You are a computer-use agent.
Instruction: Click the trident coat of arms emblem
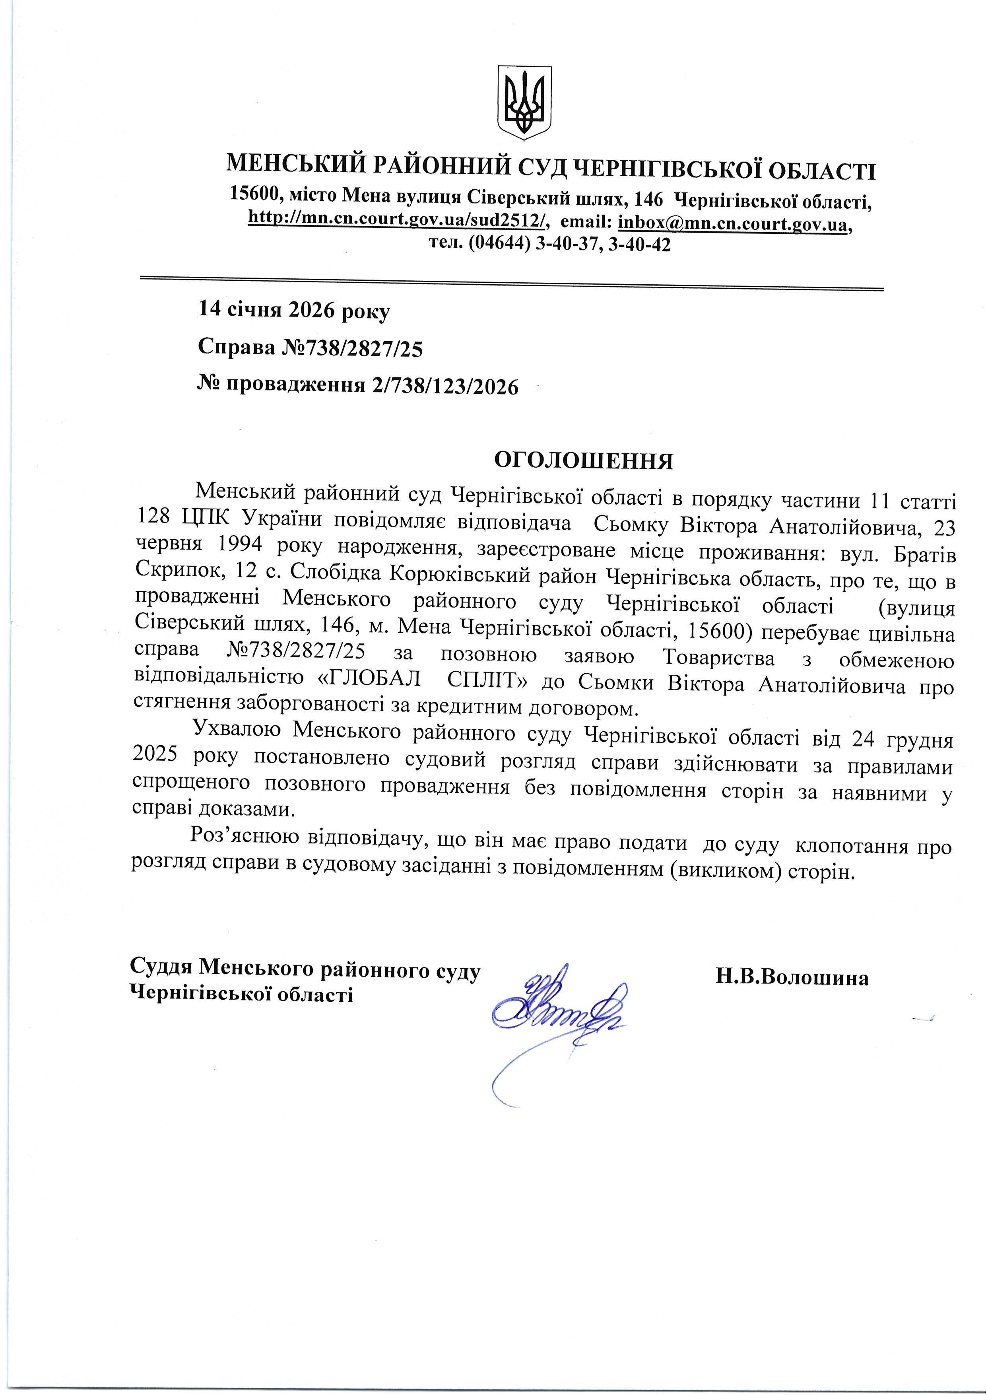[x=525, y=101]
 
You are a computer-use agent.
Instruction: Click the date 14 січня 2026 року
[x=294, y=311]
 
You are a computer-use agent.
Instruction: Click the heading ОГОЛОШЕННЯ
[x=583, y=461]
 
